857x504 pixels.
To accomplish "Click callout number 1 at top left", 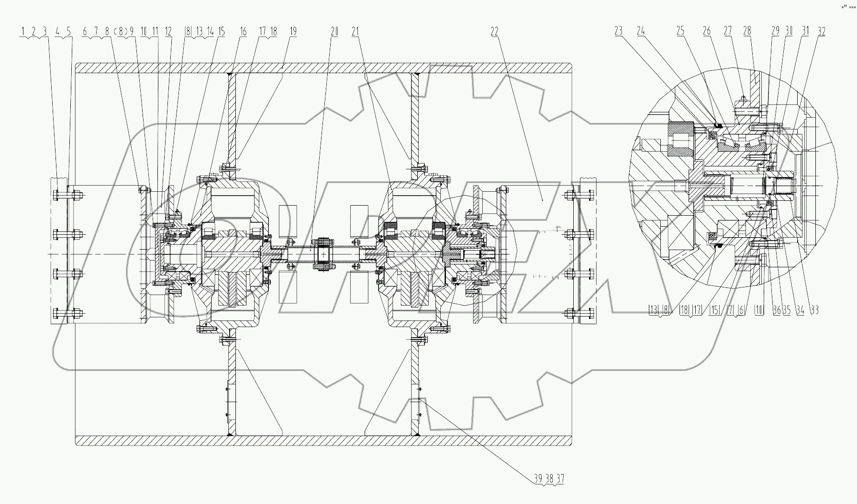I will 22,32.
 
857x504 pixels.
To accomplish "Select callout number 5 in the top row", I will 68,32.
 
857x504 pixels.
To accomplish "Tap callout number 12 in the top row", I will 168,32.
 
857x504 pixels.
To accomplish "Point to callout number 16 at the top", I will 243,32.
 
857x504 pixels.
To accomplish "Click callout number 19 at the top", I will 293,32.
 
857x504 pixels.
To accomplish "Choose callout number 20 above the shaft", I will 334,32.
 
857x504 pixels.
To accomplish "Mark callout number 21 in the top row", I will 355,32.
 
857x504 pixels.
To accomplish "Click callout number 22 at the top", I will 494,32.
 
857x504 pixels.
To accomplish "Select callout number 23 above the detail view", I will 618,31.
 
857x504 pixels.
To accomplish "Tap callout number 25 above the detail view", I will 680,31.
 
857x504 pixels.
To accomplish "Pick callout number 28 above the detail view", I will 747,31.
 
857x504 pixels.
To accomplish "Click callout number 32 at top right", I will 821,32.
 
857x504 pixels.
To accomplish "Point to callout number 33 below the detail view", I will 815,310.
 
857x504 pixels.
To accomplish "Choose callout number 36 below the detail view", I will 777,310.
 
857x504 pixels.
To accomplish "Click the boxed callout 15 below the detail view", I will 714,310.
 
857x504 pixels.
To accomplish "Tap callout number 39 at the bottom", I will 538,478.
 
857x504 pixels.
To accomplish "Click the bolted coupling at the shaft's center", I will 323,254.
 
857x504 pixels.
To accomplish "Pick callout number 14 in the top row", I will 210,32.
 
